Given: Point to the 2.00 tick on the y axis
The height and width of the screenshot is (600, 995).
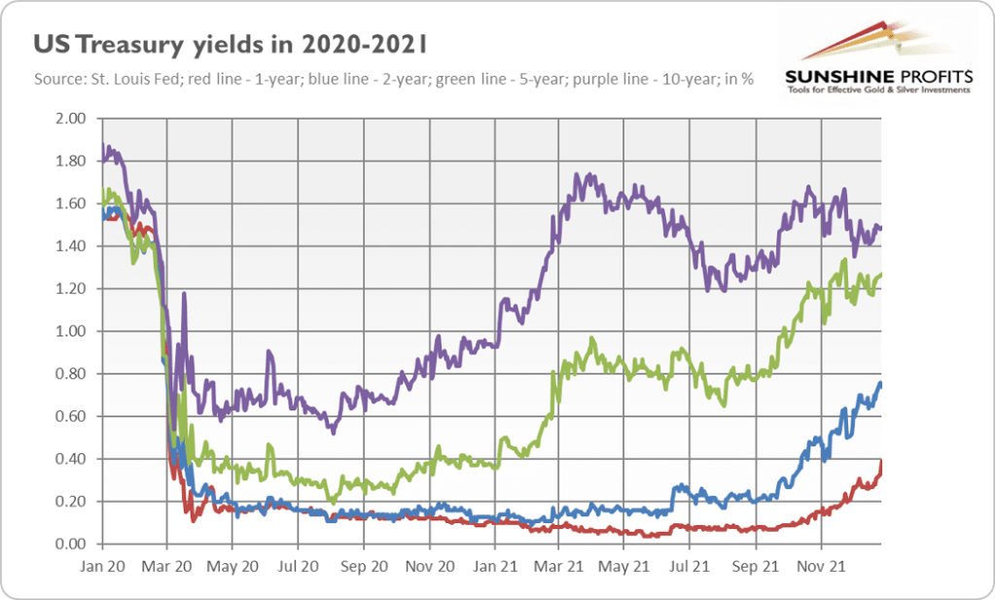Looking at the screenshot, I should [x=73, y=119].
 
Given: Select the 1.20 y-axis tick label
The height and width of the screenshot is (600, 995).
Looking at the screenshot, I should [x=73, y=289].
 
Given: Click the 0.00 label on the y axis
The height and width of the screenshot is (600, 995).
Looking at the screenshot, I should [x=73, y=544].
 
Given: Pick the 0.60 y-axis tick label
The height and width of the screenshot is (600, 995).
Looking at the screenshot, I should [x=73, y=416].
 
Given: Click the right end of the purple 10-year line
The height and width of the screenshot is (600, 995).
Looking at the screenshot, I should [x=881, y=229].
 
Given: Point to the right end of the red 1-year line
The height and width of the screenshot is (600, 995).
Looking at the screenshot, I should [x=881, y=462].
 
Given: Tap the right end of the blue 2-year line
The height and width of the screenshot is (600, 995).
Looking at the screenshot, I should [x=881, y=383].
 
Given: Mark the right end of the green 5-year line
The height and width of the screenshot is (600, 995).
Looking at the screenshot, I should [x=881, y=275].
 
